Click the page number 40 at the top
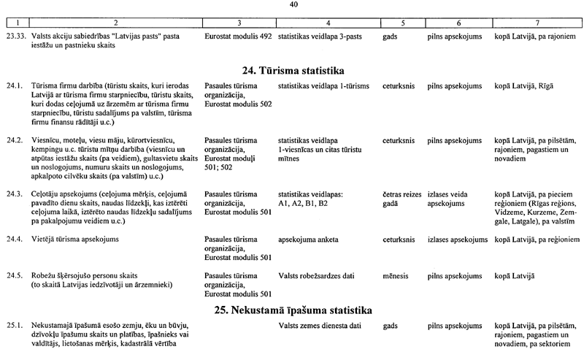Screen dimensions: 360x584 coord(293,4)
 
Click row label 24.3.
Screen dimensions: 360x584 coord(14,194)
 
